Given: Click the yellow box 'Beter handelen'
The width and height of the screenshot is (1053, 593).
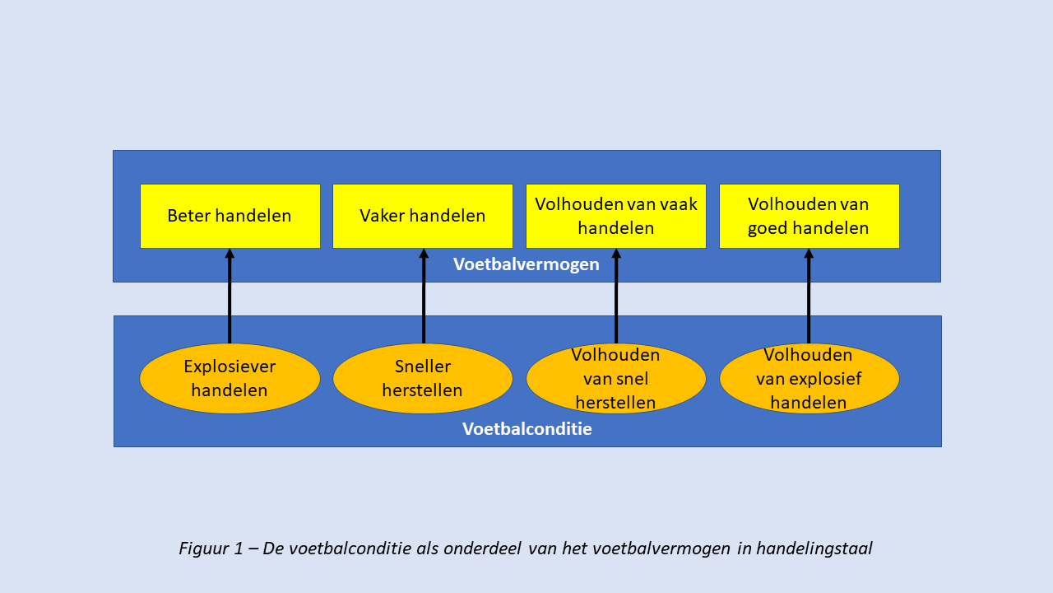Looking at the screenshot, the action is [230, 216].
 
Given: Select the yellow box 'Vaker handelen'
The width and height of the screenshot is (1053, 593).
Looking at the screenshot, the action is [423, 216].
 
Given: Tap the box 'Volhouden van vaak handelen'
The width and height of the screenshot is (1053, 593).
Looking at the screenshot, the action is [616, 216].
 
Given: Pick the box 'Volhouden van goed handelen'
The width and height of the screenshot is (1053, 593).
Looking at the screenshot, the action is [809, 216].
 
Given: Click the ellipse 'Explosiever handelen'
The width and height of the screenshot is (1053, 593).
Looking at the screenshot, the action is [230, 378].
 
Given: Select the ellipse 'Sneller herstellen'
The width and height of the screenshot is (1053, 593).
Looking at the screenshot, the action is [423, 378].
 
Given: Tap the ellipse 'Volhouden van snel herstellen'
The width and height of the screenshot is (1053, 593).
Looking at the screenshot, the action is [616, 378].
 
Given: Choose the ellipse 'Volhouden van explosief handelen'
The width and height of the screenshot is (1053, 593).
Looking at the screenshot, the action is [809, 378].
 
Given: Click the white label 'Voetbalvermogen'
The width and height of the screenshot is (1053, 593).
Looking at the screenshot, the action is [526, 264].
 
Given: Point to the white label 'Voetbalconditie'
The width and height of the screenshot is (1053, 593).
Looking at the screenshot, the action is [527, 429].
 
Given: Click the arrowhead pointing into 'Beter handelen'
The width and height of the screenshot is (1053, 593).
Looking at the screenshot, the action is [230, 253].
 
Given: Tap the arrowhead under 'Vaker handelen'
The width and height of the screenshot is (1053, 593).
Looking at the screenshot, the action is [424, 253].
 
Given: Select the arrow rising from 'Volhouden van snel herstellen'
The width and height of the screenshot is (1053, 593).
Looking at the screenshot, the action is [616, 296].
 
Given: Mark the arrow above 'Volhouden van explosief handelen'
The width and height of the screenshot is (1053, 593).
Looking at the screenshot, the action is [809, 296].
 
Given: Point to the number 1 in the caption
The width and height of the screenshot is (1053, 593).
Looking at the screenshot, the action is [239, 549].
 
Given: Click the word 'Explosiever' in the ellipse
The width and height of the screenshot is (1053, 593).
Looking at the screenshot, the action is [230, 367].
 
